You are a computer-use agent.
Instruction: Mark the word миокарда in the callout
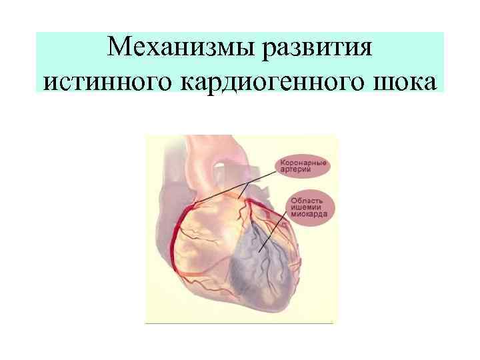308,215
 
